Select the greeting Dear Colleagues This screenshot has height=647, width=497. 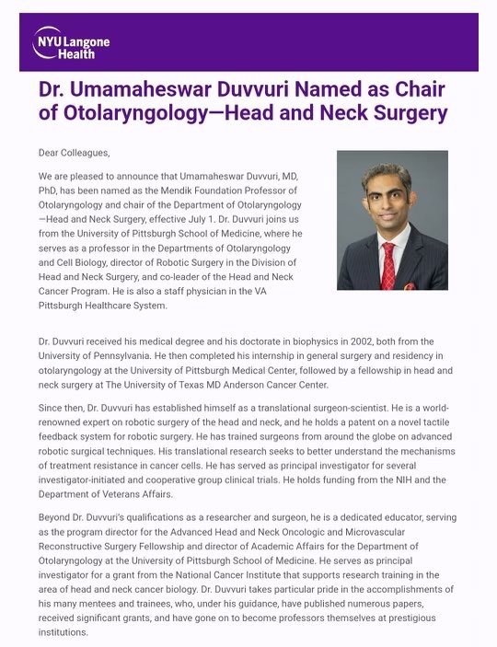coord(79,152)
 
